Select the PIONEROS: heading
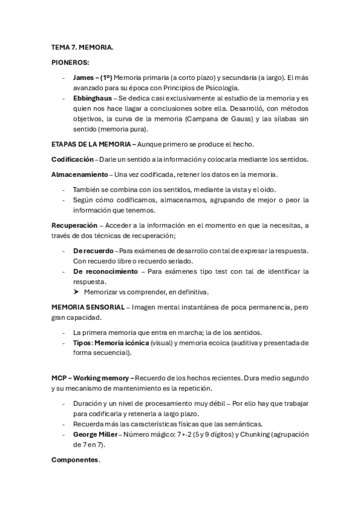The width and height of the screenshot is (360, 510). [x=70, y=62]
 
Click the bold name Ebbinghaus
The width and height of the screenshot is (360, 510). [x=94, y=98]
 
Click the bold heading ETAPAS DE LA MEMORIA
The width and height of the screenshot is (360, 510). [x=93, y=144]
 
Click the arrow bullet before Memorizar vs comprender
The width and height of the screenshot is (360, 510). [x=76, y=292]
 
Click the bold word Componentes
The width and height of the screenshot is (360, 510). [x=76, y=459]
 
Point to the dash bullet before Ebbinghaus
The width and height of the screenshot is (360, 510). [x=64, y=98]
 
